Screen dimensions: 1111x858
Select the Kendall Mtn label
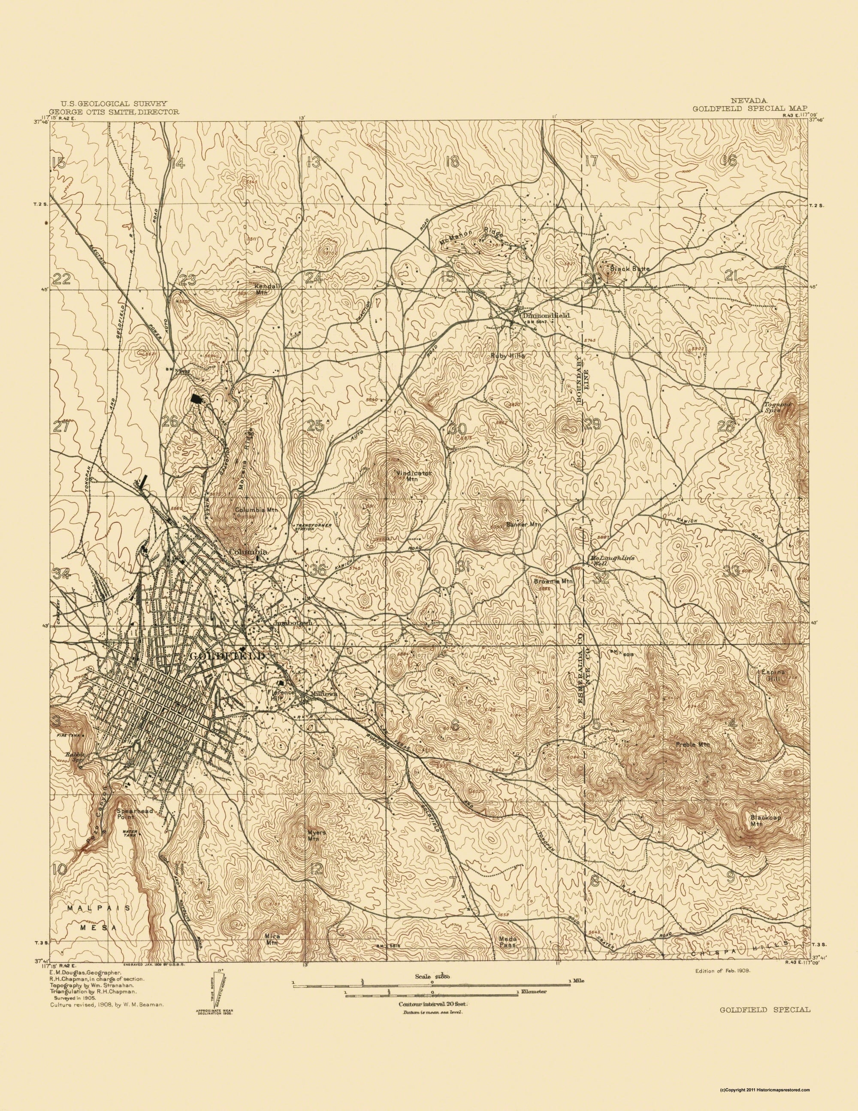pos(262,289)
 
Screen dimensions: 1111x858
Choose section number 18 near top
pos(451,162)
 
